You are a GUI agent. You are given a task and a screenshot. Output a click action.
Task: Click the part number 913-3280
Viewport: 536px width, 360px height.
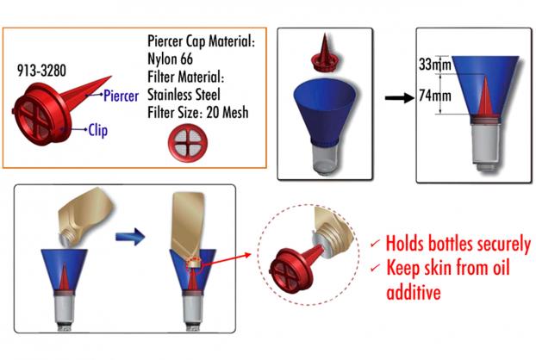[x=41, y=71]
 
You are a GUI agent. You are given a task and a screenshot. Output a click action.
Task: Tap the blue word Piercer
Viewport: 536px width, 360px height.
[x=121, y=96]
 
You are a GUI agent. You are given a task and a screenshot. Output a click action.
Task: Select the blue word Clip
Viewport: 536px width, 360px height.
[x=97, y=130]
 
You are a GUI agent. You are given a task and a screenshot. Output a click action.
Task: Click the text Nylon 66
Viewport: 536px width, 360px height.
[x=170, y=59]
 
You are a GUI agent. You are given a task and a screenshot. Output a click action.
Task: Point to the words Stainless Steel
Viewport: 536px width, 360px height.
[x=184, y=95]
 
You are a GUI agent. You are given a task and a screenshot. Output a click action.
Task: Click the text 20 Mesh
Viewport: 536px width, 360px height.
[x=227, y=112]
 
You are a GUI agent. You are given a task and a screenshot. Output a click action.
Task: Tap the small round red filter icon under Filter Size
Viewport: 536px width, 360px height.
[x=188, y=143]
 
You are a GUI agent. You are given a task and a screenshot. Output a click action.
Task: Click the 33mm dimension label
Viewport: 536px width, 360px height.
[x=435, y=65]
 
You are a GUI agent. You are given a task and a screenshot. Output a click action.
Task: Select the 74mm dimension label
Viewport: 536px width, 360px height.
[x=435, y=96]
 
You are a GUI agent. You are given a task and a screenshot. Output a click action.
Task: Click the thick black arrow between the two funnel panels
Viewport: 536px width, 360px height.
[x=399, y=98]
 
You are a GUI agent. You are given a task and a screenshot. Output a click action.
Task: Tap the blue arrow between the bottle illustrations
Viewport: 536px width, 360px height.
[x=130, y=236]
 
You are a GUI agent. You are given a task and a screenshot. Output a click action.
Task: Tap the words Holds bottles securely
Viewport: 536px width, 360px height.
[x=458, y=245]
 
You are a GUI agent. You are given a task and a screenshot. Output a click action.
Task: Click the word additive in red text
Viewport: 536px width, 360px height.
[x=414, y=292]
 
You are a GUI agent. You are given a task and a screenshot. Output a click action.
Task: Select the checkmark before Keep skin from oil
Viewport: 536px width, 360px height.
[x=376, y=266]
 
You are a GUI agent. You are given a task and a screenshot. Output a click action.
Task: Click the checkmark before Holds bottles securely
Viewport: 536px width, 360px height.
[x=376, y=242]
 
